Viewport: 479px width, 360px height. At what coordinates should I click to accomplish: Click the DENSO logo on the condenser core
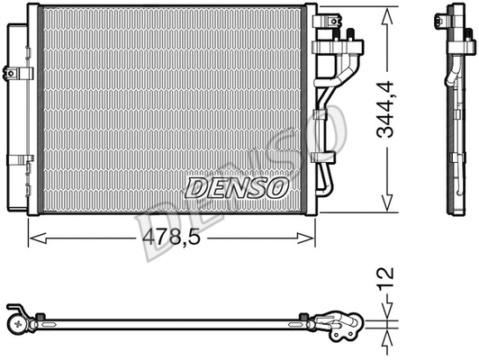point(236,187)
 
